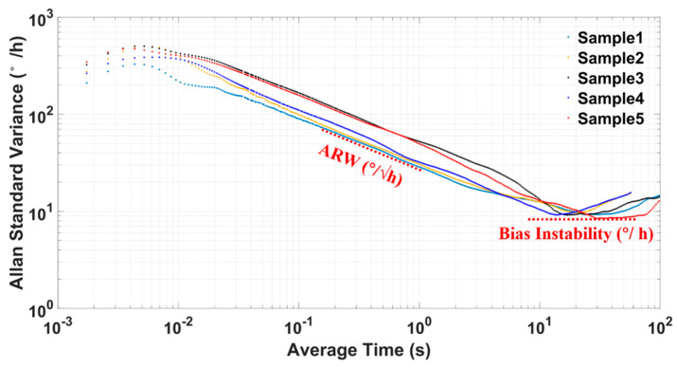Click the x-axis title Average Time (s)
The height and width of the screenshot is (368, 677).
coord(358,352)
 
